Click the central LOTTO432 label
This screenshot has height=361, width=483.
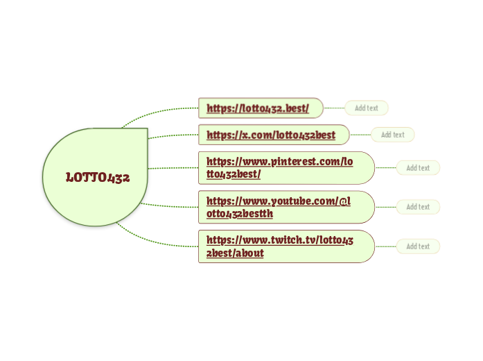98,177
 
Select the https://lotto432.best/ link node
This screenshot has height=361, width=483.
258,108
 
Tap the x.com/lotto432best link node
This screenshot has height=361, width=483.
271,135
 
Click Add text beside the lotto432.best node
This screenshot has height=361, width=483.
366,108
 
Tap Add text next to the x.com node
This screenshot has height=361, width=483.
392,134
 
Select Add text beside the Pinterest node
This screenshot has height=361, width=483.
418,167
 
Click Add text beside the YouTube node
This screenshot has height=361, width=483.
418,207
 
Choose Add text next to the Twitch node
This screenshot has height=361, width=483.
418,246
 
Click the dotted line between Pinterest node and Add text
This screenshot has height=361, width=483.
385,167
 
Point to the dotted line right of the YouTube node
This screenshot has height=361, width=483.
385,207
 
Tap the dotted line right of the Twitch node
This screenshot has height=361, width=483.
385,246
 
